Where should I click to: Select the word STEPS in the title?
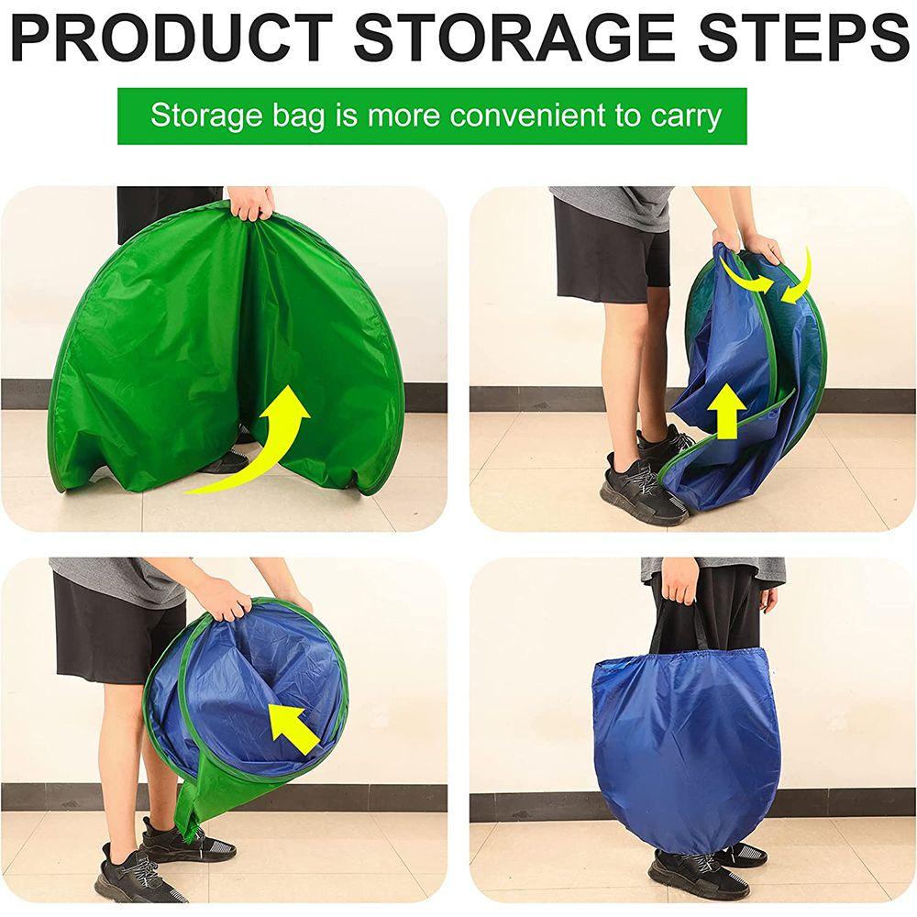805,39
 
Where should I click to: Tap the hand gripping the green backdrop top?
250,204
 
